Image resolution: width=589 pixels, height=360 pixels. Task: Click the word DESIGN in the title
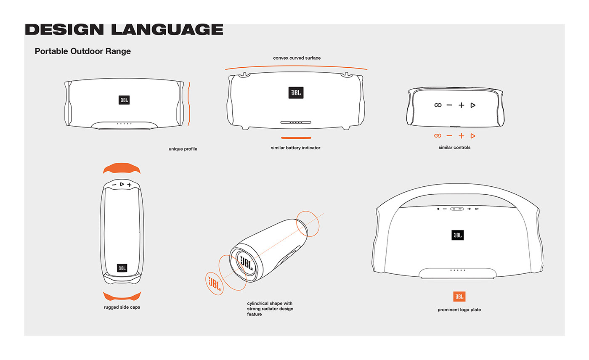[x=64, y=29]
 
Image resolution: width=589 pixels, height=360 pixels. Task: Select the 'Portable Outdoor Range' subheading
[x=82, y=51]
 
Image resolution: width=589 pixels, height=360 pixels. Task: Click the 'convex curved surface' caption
[x=297, y=58]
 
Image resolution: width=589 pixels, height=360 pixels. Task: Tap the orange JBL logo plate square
[x=459, y=296]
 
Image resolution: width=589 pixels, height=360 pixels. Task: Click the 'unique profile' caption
[x=183, y=149]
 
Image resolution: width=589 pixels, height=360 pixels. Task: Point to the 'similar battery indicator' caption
[x=295, y=148]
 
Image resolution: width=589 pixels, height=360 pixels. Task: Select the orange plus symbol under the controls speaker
[x=461, y=136]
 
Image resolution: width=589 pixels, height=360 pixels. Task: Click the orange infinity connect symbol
[x=438, y=136]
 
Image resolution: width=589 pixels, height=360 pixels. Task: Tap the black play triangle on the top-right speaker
[x=473, y=105]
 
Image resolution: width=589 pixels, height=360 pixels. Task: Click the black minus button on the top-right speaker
[x=449, y=105]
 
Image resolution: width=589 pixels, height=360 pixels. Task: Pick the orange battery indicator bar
[x=296, y=138]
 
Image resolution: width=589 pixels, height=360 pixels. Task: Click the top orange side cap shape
[x=122, y=169]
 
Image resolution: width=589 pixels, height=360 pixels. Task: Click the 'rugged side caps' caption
[x=122, y=307]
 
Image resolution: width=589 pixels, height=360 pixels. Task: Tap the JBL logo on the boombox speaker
[x=457, y=236]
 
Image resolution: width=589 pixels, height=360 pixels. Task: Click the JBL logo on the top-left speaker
[x=124, y=100]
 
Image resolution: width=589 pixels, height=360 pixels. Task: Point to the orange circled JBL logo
[x=214, y=283]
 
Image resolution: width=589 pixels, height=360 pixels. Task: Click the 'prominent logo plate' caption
[x=459, y=310]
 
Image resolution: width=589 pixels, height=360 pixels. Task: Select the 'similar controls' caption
[x=454, y=148]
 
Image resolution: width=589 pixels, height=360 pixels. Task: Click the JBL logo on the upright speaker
[x=122, y=267]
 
